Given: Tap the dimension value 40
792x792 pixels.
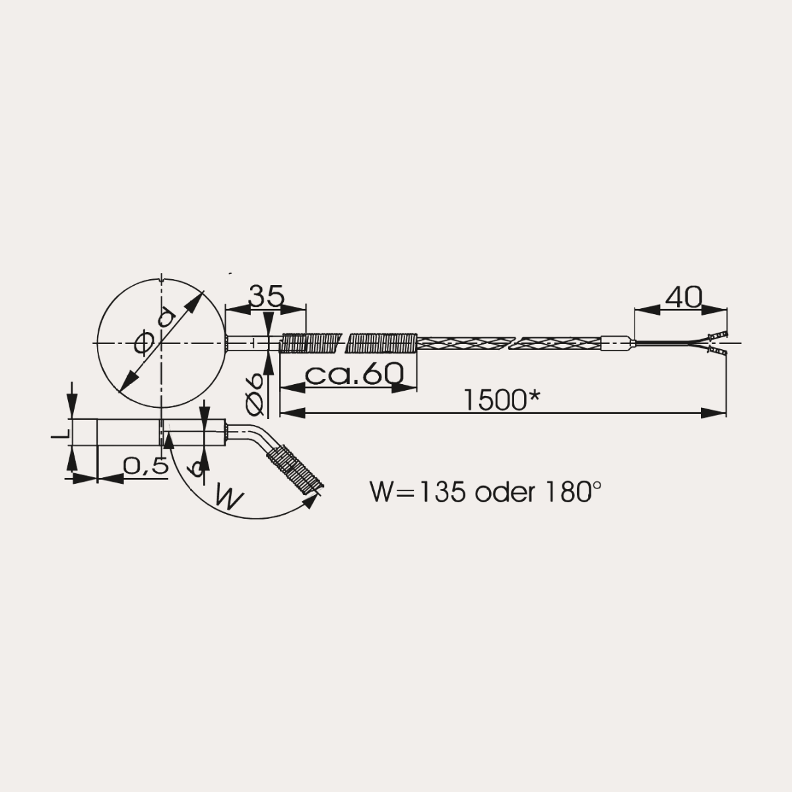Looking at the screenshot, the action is [684, 297].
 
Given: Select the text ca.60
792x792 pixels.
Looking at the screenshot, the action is [354, 374].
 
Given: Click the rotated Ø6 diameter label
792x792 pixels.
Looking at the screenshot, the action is [254, 394].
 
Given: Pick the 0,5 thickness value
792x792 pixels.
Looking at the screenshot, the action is [146, 467].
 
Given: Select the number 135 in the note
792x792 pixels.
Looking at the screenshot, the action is [442, 492].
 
